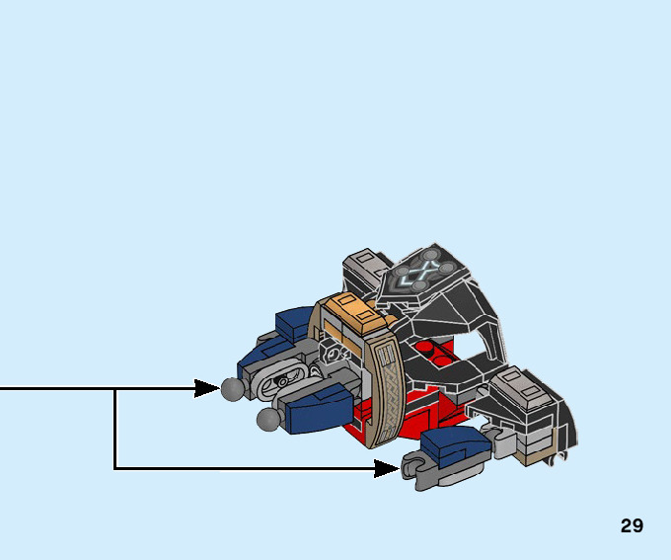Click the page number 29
pos(632,525)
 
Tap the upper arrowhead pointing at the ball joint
pos(207,388)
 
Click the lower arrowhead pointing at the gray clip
pos(388,468)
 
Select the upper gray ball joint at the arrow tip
pos(233,389)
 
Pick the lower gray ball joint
pos(267,421)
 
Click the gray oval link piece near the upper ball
pos(281,376)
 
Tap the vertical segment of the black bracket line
pos(115,429)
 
